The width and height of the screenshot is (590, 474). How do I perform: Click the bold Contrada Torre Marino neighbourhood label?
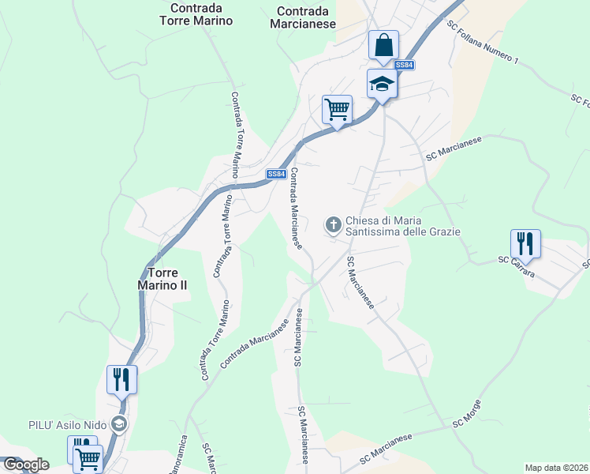201,14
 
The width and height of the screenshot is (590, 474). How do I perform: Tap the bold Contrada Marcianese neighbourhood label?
307,17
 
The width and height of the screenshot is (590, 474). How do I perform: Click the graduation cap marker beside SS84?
381,84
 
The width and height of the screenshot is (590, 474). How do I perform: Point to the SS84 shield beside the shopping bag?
403,65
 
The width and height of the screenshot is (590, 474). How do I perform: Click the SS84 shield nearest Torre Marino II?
274,174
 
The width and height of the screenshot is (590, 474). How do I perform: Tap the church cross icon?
334,226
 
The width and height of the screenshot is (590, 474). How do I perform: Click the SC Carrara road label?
517,267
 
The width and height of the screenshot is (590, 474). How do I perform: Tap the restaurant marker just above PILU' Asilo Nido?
121,379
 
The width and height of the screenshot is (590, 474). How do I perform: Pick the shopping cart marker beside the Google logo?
88,457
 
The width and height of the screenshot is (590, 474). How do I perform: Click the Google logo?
26,465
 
